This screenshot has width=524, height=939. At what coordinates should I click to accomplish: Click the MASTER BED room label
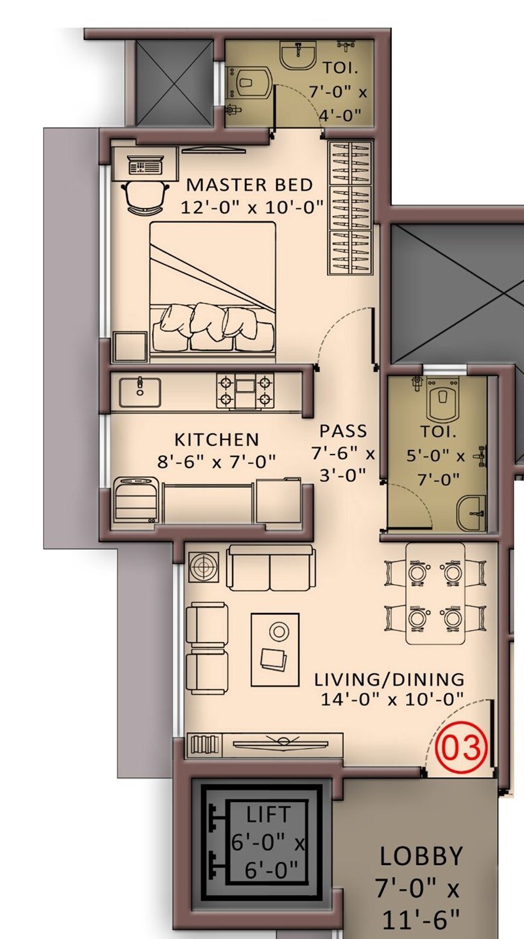click(249, 185)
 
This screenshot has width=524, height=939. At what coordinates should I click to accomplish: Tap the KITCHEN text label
click(216, 439)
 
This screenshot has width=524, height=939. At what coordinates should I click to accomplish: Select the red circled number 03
click(464, 747)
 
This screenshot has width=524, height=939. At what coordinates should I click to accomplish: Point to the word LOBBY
click(421, 856)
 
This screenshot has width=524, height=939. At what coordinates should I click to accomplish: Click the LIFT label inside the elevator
click(267, 815)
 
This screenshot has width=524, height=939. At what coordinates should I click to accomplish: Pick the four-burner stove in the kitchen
click(245, 392)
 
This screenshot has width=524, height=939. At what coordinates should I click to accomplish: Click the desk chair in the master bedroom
click(143, 197)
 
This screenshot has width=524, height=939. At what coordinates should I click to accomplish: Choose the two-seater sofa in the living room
click(271, 567)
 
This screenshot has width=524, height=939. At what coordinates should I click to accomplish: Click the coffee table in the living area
click(275, 649)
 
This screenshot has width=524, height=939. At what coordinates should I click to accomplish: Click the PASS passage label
click(343, 432)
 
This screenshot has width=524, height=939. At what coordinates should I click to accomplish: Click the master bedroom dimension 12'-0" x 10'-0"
click(252, 207)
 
